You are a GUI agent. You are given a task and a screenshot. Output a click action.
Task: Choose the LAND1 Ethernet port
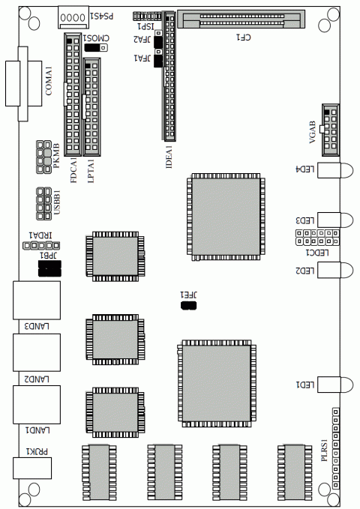click(31, 405)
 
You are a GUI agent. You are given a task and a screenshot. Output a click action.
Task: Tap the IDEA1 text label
click(169, 156)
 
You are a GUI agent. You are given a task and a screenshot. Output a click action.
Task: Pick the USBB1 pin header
click(41, 202)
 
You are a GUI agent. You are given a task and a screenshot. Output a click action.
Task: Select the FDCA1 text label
click(73, 169)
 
